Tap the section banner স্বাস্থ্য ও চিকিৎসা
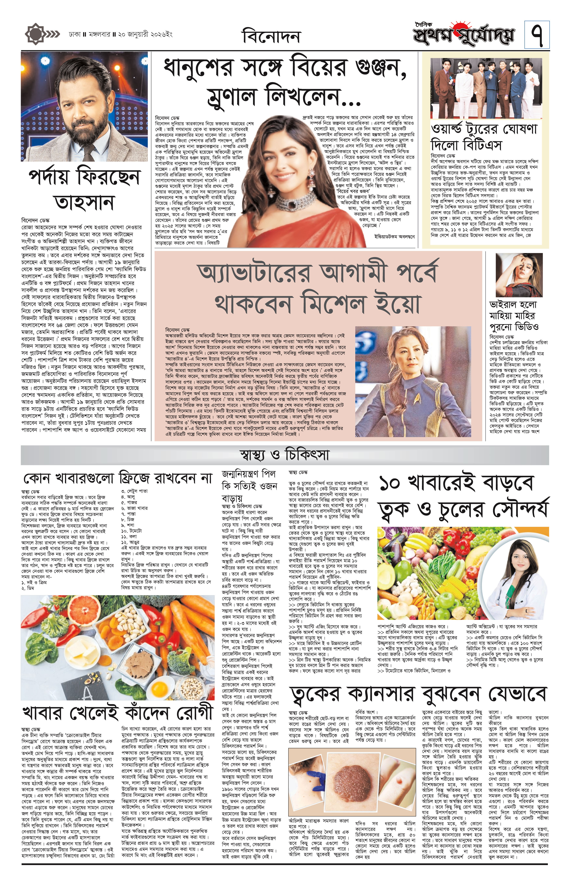point(284,455)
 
